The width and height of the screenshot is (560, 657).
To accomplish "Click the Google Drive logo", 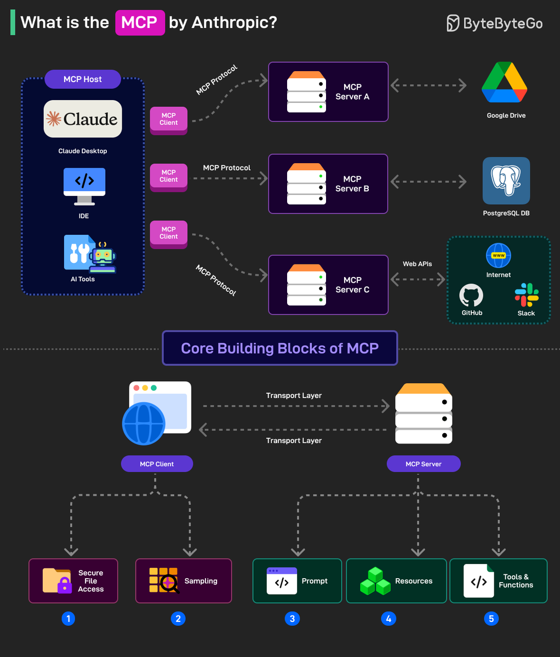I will [504, 83].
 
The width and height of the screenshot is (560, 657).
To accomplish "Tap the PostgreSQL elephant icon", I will [506, 181].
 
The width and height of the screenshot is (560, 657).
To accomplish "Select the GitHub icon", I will [471, 296].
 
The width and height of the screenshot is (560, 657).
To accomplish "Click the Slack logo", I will [526, 295].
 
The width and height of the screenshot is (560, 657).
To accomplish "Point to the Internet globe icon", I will [499, 256].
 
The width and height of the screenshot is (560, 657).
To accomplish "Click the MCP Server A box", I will [328, 92].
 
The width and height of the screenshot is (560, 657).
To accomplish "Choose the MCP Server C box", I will [328, 285].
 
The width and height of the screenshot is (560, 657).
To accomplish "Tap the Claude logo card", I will [83, 119].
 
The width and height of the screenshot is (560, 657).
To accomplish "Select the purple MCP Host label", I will [83, 79].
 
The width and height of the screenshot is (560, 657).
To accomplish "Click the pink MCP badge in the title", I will [140, 22].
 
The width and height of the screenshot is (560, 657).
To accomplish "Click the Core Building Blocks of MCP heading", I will [280, 348].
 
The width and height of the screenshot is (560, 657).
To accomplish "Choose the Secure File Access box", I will [73, 581].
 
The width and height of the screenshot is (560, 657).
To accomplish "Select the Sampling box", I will [184, 581].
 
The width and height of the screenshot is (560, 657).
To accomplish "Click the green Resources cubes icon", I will [375, 581].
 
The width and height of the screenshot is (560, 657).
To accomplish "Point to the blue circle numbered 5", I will [491, 619].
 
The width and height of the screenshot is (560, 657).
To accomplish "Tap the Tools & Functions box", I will [498, 581].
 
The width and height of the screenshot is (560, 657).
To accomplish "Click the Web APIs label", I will [418, 264].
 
